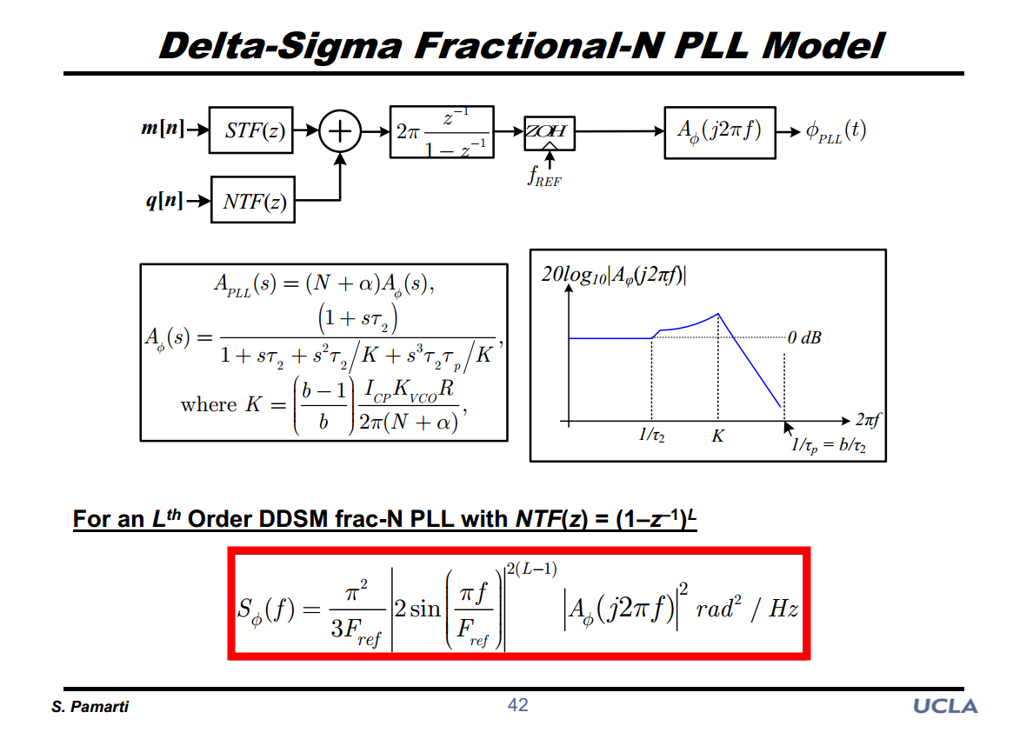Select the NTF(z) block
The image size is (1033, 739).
(x=252, y=202)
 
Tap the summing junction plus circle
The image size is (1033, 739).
(x=340, y=131)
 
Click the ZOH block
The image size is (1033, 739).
(x=547, y=132)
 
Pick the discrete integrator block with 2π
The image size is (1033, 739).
(x=442, y=132)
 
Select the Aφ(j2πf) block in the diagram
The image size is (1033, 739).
(x=719, y=132)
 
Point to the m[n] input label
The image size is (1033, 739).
(x=162, y=130)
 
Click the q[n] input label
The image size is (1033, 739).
(x=163, y=201)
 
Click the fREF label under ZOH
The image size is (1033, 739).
(x=545, y=176)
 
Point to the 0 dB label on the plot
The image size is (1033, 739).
(x=804, y=337)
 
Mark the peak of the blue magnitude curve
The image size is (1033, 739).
(x=717, y=314)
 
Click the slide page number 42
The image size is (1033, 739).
(x=517, y=705)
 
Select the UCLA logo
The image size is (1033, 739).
(x=945, y=706)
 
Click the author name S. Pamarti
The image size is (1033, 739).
(x=90, y=707)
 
